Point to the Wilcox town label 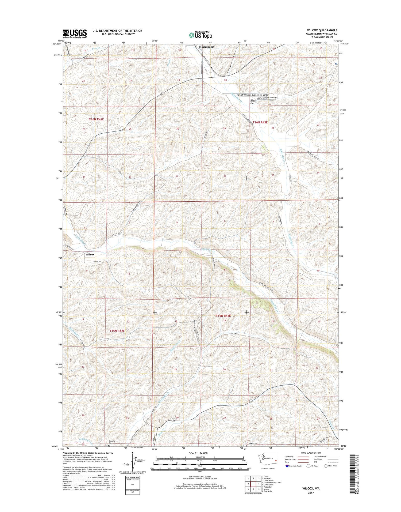click(x=90, y=255)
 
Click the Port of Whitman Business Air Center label click(x=253, y=95)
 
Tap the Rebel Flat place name click(x=253, y=101)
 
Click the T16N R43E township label click(x=260, y=122)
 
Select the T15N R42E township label click(x=117, y=331)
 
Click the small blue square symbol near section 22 click(x=336, y=63)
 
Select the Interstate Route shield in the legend click(x=287, y=466)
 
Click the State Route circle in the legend click(x=326, y=466)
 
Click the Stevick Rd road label click(x=233, y=333)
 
